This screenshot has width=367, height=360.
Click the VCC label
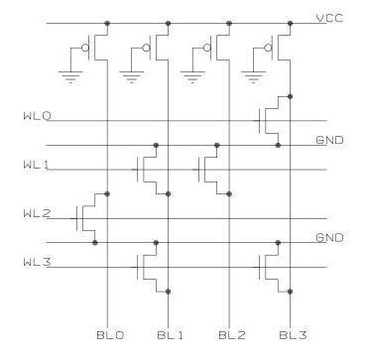click(329, 18)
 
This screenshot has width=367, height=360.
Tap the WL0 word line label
click(36, 118)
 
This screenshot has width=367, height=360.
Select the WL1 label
click(36, 166)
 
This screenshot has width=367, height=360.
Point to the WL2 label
click(36, 213)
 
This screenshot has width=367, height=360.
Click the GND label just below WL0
click(329, 142)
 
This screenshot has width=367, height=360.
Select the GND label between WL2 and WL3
click(329, 238)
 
